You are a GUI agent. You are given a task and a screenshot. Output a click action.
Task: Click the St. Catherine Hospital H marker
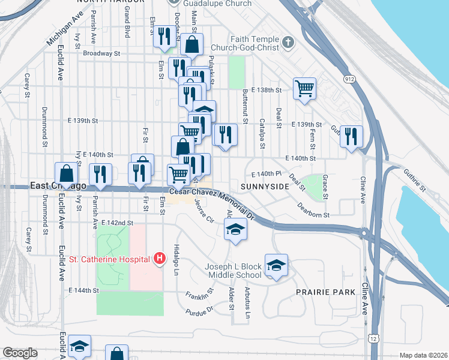point(160,259)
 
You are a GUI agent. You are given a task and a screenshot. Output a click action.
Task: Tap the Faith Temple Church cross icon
point(289,43)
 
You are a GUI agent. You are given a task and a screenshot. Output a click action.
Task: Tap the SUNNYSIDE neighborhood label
point(265,187)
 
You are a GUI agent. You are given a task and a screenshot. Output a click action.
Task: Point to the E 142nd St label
point(117,223)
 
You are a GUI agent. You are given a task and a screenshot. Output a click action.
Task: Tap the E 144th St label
point(83,290)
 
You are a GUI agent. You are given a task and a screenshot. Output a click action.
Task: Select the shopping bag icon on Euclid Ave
point(66,173)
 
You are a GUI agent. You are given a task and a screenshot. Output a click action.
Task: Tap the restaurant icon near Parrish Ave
point(100,173)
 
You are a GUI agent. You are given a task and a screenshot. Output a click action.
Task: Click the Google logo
point(20,353)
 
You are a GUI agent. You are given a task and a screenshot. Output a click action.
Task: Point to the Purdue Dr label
point(199,311)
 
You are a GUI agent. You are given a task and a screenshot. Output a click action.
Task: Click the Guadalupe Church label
point(209,4)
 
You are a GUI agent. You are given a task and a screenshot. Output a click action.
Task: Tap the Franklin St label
point(199,295)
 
